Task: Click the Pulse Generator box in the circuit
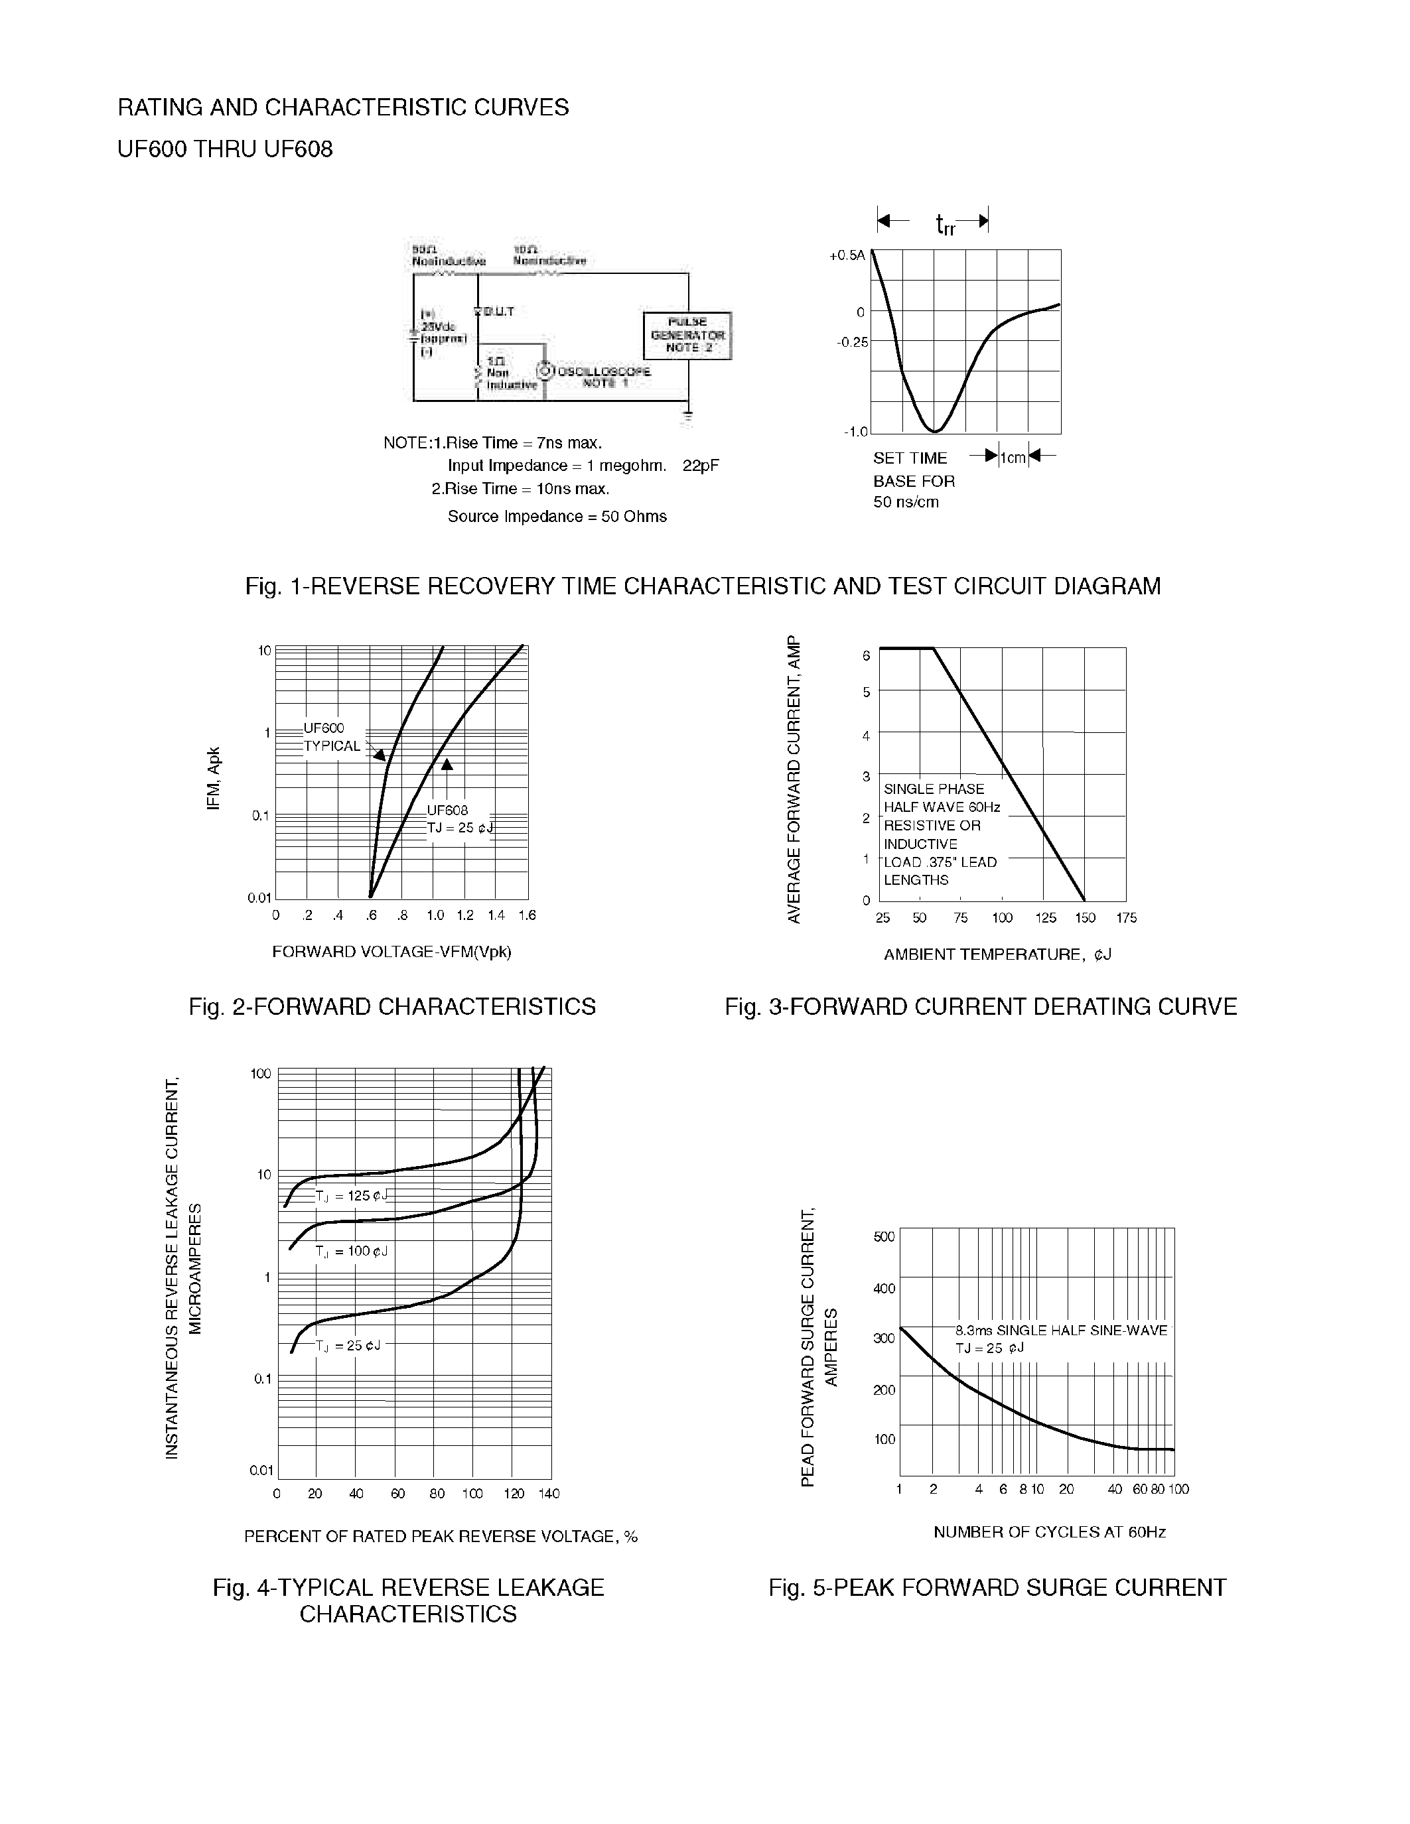tap(687, 335)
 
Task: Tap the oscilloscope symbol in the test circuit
tap(545, 371)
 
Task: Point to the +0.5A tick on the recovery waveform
tap(847, 255)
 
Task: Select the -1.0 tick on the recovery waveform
tap(855, 432)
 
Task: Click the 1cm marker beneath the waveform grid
tap(1013, 458)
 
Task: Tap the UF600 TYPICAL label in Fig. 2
tap(332, 738)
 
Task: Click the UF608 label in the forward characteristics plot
tap(447, 810)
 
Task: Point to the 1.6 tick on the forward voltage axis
tap(526, 915)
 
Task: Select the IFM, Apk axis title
tap(214, 777)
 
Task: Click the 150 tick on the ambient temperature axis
tap(1084, 918)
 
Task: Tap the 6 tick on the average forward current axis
tap(866, 655)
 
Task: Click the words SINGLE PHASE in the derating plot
tap(933, 789)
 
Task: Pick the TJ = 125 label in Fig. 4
tap(352, 1196)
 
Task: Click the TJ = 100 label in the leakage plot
tap(352, 1251)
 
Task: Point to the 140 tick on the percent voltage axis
tap(548, 1493)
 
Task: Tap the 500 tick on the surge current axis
tap(884, 1236)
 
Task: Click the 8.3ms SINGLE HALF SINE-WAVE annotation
tap(1061, 1331)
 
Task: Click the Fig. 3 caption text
tap(981, 1006)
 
